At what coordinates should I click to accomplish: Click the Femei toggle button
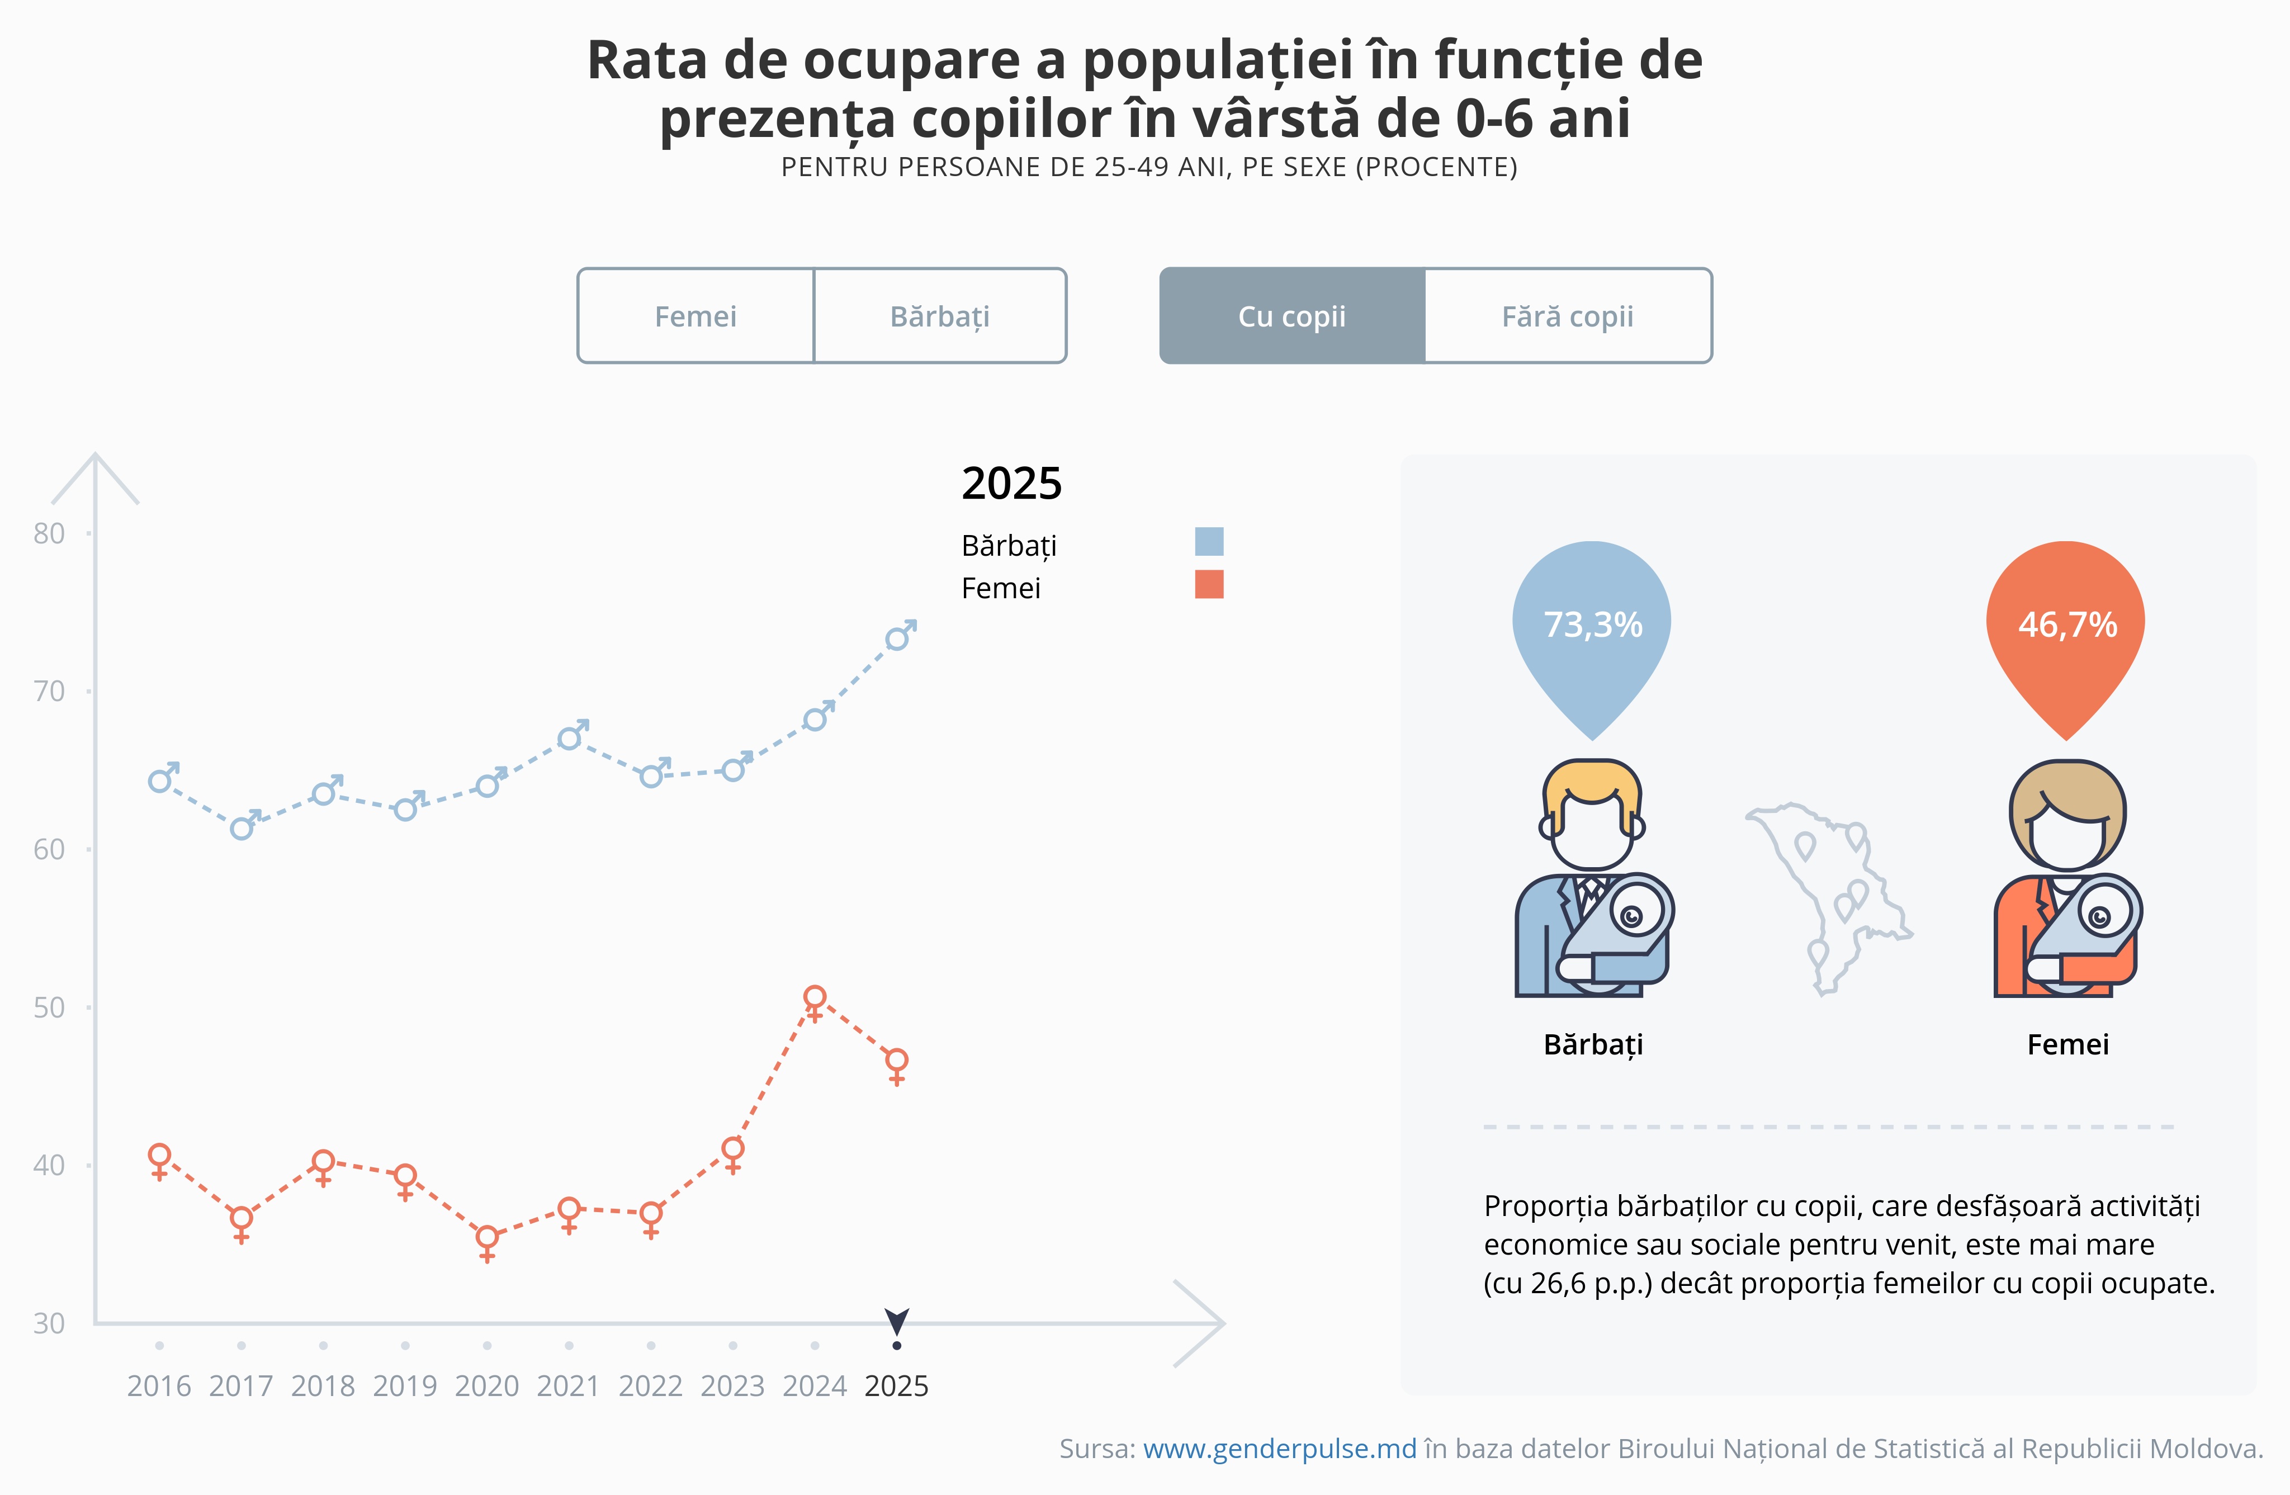point(695,315)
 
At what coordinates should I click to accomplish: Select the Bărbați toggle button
point(940,315)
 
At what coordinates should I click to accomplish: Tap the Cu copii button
point(1292,315)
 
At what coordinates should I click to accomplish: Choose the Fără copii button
point(1568,315)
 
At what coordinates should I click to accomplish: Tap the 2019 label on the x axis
point(405,1387)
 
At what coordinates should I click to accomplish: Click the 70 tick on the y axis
point(49,692)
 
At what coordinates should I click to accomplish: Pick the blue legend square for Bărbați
point(1209,542)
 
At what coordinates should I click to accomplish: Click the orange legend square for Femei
point(1209,584)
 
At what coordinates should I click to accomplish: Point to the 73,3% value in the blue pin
point(1592,625)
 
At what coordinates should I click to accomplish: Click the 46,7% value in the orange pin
point(2067,625)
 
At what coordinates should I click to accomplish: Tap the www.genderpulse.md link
point(1280,1449)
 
